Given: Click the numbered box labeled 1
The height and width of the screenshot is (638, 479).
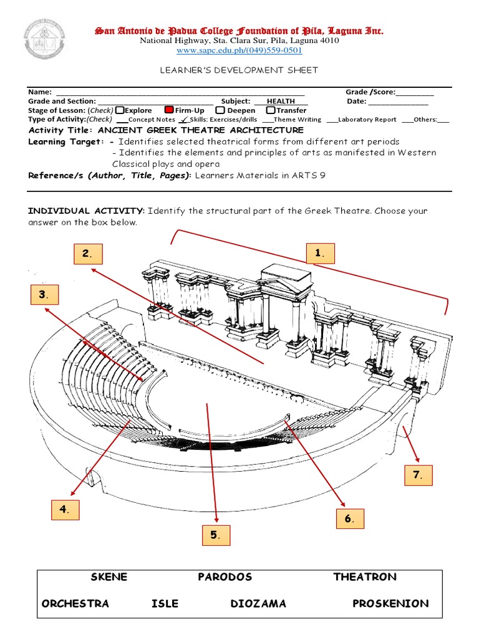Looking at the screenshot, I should [x=320, y=254].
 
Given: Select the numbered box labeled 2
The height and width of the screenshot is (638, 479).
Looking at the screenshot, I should [x=87, y=254].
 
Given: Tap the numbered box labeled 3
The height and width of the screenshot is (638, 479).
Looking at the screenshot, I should [x=44, y=295].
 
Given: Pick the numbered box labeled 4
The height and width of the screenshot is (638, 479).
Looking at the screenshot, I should [x=65, y=509].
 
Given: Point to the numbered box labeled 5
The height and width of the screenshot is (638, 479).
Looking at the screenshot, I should [x=215, y=535].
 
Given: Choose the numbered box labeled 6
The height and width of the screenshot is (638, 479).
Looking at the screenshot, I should [x=349, y=519].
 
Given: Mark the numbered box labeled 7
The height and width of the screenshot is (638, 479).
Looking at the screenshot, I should [x=417, y=476].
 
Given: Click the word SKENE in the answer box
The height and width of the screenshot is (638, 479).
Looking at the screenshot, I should [x=109, y=577].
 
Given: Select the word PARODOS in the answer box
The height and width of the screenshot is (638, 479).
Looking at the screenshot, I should [x=225, y=577].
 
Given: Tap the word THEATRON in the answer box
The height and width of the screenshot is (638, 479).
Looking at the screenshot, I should [x=365, y=577].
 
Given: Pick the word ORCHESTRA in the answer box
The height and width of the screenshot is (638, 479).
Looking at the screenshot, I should [x=75, y=603].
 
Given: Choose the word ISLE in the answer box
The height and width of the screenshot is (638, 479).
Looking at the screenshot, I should [x=165, y=603].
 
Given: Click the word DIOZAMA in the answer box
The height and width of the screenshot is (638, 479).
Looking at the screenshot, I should [x=258, y=603].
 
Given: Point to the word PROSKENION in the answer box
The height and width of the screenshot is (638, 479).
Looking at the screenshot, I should [x=390, y=603].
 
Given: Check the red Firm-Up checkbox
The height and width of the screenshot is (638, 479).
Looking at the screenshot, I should [x=168, y=110].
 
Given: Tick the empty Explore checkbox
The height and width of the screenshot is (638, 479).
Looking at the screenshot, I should [x=120, y=110].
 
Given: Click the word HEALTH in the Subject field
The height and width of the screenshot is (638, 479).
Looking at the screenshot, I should [x=281, y=101].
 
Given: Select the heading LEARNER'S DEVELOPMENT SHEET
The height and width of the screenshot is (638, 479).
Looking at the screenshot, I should [x=239, y=70].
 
